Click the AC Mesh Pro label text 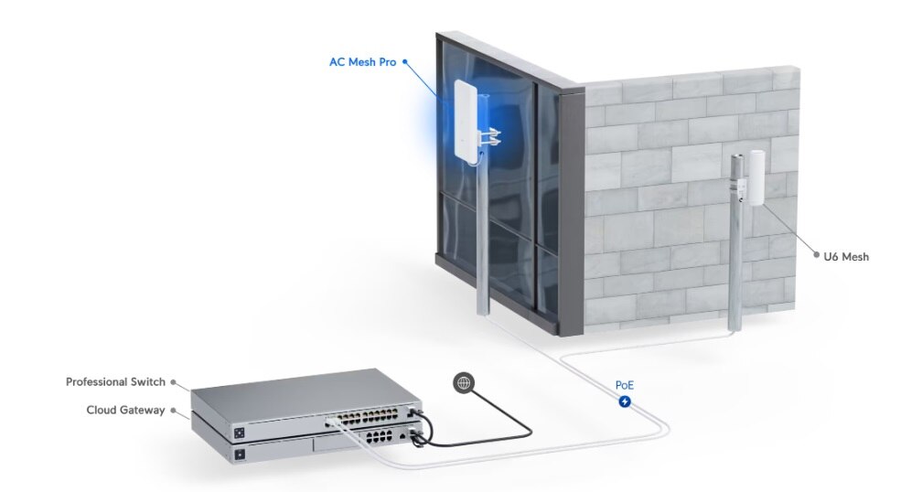click(x=363, y=63)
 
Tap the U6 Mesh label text click(x=846, y=257)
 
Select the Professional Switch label click(x=115, y=381)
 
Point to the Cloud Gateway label click(x=126, y=410)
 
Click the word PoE click(x=625, y=386)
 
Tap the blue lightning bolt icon click(x=625, y=401)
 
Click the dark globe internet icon click(x=464, y=383)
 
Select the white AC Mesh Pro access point click(x=467, y=123)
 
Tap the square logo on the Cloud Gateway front click(x=241, y=455)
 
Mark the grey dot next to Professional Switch click(x=174, y=386)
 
